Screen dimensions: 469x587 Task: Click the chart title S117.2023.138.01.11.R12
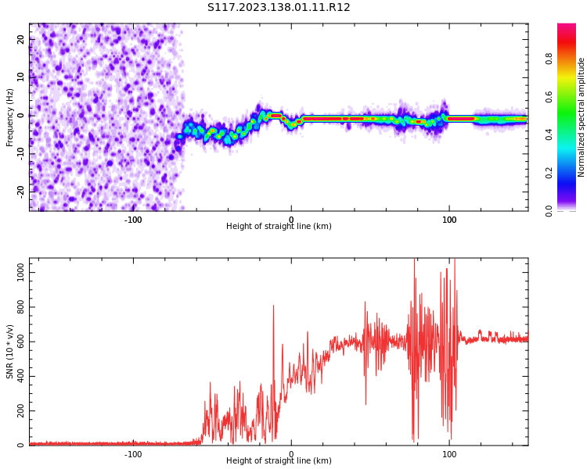[x=279, y=8]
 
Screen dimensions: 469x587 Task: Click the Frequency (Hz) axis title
[x=10, y=117]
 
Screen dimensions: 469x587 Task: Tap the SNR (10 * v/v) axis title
[x=10, y=352]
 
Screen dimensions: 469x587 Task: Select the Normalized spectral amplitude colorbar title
[x=582, y=117]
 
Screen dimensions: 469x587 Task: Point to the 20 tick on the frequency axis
[x=20, y=39]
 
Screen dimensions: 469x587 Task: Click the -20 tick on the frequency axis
[x=19, y=190]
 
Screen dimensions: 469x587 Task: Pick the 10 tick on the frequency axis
[x=20, y=77]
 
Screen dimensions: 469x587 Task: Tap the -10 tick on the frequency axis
[x=19, y=152]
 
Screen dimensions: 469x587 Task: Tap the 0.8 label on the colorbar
[x=549, y=59]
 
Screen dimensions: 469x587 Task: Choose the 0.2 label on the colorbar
[x=549, y=173]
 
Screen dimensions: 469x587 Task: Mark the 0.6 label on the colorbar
[x=549, y=97]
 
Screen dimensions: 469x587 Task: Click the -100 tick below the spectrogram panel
[x=133, y=219]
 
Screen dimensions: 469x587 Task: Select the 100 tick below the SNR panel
[x=449, y=453]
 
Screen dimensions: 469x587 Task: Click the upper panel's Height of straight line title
[x=279, y=227]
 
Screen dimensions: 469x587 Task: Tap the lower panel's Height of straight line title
[x=279, y=461]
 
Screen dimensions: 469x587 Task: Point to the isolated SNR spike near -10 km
[x=273, y=307]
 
